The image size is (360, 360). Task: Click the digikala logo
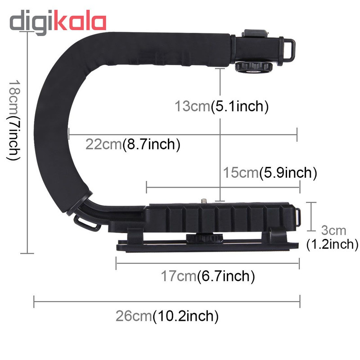(58, 22)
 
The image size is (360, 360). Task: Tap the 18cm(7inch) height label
(14, 120)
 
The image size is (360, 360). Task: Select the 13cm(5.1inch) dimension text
(221, 106)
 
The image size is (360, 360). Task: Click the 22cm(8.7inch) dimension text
(133, 144)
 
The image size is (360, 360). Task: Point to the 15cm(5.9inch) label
(270, 172)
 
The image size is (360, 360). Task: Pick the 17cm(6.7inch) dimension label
(208, 276)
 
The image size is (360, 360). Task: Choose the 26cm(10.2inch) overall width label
(167, 316)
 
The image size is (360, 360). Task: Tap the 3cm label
(333, 230)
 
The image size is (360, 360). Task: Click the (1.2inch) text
(332, 244)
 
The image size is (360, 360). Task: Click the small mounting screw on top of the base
(203, 201)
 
